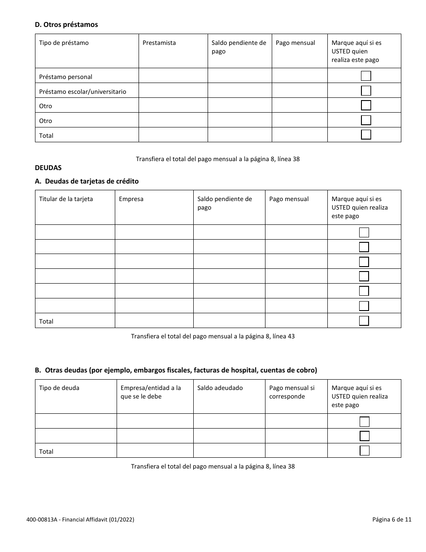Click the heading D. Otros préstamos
click(66, 25)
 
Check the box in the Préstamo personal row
click(366, 76)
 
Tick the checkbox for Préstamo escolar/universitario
click(366, 91)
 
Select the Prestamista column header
click(159, 43)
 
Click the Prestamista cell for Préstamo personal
click(173, 76)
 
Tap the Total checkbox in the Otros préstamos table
click(366, 135)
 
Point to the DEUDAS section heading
click(48, 168)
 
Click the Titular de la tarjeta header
click(66, 199)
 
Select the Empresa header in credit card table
click(131, 199)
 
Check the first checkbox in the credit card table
click(364, 232)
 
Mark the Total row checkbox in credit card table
click(364, 320)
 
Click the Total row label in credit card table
click(46, 321)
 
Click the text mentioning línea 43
click(213, 336)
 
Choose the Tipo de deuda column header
click(59, 388)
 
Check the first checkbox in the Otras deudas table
click(365, 421)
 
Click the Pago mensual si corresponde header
click(292, 392)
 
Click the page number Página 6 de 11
click(391, 520)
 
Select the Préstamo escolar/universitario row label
click(83, 92)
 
